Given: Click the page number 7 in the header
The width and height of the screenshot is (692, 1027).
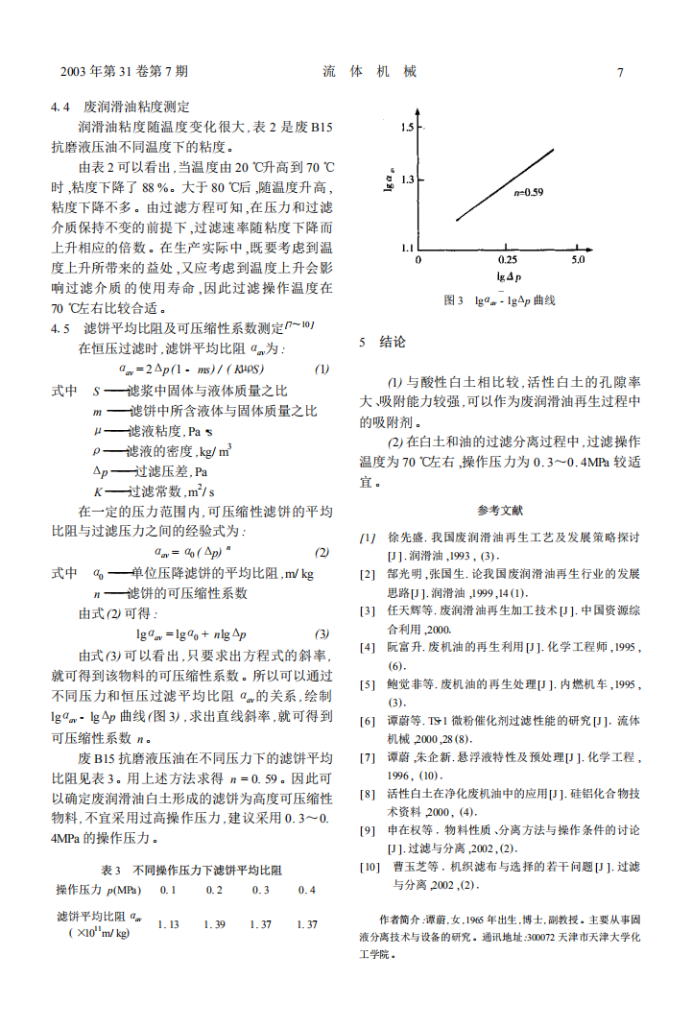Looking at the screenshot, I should (x=621, y=72).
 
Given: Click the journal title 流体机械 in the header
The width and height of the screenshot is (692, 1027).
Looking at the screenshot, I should (x=370, y=72).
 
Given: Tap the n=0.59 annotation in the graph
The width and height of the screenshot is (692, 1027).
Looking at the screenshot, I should (x=529, y=192).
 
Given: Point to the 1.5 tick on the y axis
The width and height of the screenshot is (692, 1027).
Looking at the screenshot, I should (x=408, y=128).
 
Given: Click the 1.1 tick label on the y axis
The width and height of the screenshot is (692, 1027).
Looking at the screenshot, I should (x=407, y=248).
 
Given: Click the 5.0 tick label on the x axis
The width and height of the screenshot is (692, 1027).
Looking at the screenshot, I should (x=578, y=260).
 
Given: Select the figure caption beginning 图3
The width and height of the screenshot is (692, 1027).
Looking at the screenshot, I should (x=500, y=300).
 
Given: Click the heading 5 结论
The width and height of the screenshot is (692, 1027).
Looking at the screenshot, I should (x=382, y=343).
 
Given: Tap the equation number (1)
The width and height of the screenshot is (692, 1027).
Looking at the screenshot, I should (x=323, y=370).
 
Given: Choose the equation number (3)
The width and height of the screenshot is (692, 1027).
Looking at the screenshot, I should (x=322, y=634).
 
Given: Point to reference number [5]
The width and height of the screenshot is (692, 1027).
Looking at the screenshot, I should (x=367, y=684).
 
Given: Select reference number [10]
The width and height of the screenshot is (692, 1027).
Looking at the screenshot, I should (x=370, y=866).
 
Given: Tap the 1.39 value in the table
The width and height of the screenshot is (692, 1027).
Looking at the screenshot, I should (x=215, y=924).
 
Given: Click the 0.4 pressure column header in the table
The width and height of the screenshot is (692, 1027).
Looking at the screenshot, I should (x=306, y=891).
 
